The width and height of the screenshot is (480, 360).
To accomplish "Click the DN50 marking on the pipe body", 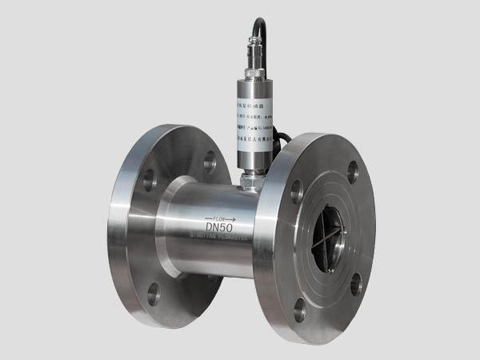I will [x=218, y=227].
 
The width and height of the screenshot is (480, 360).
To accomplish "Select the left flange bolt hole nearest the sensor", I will [x=210, y=162].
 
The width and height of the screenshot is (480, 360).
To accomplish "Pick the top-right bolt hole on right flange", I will [x=353, y=169].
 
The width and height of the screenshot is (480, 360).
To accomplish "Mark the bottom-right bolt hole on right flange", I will [x=355, y=283].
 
